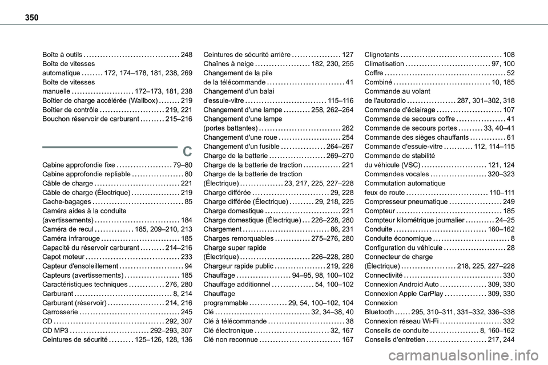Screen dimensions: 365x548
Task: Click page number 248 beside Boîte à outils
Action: [186, 55]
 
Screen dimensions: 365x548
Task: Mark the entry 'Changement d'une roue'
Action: [240, 137]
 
